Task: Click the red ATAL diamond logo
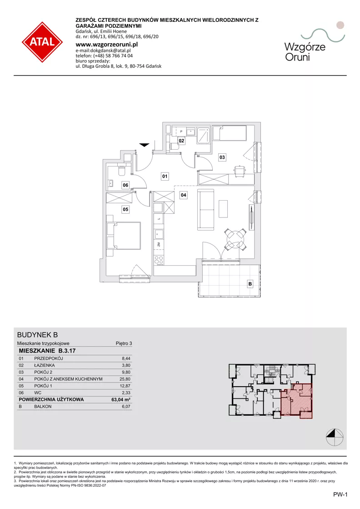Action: point(42,42)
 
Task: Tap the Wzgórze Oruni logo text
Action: point(305,52)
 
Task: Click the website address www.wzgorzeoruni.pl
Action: point(107,45)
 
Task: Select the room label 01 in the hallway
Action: point(165,176)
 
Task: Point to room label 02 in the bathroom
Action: point(181,141)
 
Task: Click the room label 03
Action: point(222,157)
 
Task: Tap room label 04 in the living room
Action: point(184,195)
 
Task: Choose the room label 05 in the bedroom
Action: point(125,209)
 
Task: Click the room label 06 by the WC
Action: point(125,185)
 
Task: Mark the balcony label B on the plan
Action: point(250,284)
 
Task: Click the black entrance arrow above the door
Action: point(145,145)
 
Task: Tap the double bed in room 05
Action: point(124,235)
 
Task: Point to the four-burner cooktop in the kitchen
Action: point(159,260)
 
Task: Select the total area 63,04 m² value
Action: point(120,400)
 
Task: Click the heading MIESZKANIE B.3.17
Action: point(47,351)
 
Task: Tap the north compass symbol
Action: point(335,437)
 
